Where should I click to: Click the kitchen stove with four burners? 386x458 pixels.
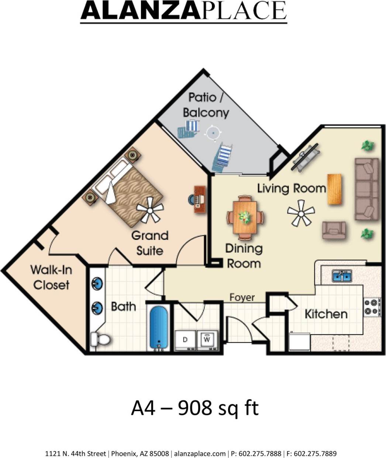click(372, 307)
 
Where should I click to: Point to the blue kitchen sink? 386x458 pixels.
click(342, 275)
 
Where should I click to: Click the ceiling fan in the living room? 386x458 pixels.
click(301, 213)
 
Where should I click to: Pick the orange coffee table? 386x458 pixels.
click(334, 189)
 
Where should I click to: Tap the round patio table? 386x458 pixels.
click(213, 133)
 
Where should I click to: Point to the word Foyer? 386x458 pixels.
click(242, 297)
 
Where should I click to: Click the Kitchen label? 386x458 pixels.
click(326, 314)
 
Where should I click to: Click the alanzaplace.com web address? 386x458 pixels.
click(200, 453)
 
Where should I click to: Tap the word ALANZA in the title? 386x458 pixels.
click(140, 11)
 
